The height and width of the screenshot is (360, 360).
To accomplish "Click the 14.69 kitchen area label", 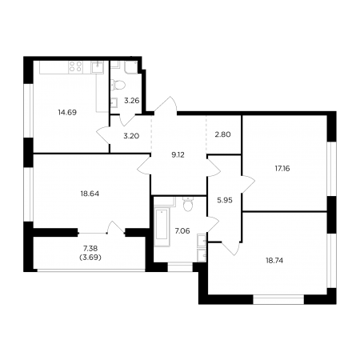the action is [x=67, y=112].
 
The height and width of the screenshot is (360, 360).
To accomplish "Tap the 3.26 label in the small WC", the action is [x=132, y=101].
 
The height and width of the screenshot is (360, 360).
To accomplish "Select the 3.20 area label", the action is [x=131, y=136].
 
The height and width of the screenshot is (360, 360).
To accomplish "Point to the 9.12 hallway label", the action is [x=178, y=154].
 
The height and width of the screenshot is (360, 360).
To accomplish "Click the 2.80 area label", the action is [x=222, y=134].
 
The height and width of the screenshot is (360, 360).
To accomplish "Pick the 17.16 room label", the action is [x=282, y=168].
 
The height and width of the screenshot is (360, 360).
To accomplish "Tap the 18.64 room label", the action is [x=90, y=194].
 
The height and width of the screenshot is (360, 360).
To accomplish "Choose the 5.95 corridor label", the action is [x=225, y=200].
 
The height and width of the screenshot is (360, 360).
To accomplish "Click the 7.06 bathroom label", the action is [x=182, y=230].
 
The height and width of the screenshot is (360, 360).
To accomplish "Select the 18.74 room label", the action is [x=274, y=261].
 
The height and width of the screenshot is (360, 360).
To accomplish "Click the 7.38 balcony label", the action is [x=90, y=248].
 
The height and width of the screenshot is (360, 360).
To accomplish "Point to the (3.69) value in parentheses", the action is [x=90, y=258].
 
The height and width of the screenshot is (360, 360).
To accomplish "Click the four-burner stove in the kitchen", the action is [x=75, y=66].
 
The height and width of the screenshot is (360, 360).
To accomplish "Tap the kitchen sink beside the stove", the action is [x=98, y=67].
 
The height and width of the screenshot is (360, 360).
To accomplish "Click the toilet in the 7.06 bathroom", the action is [x=188, y=204].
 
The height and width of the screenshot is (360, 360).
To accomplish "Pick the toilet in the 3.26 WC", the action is [x=118, y=85].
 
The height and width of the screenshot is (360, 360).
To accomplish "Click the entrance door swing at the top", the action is [x=166, y=105].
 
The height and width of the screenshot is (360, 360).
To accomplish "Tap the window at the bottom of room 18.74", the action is [x=278, y=299].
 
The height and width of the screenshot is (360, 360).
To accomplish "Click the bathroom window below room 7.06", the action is [x=180, y=267].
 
